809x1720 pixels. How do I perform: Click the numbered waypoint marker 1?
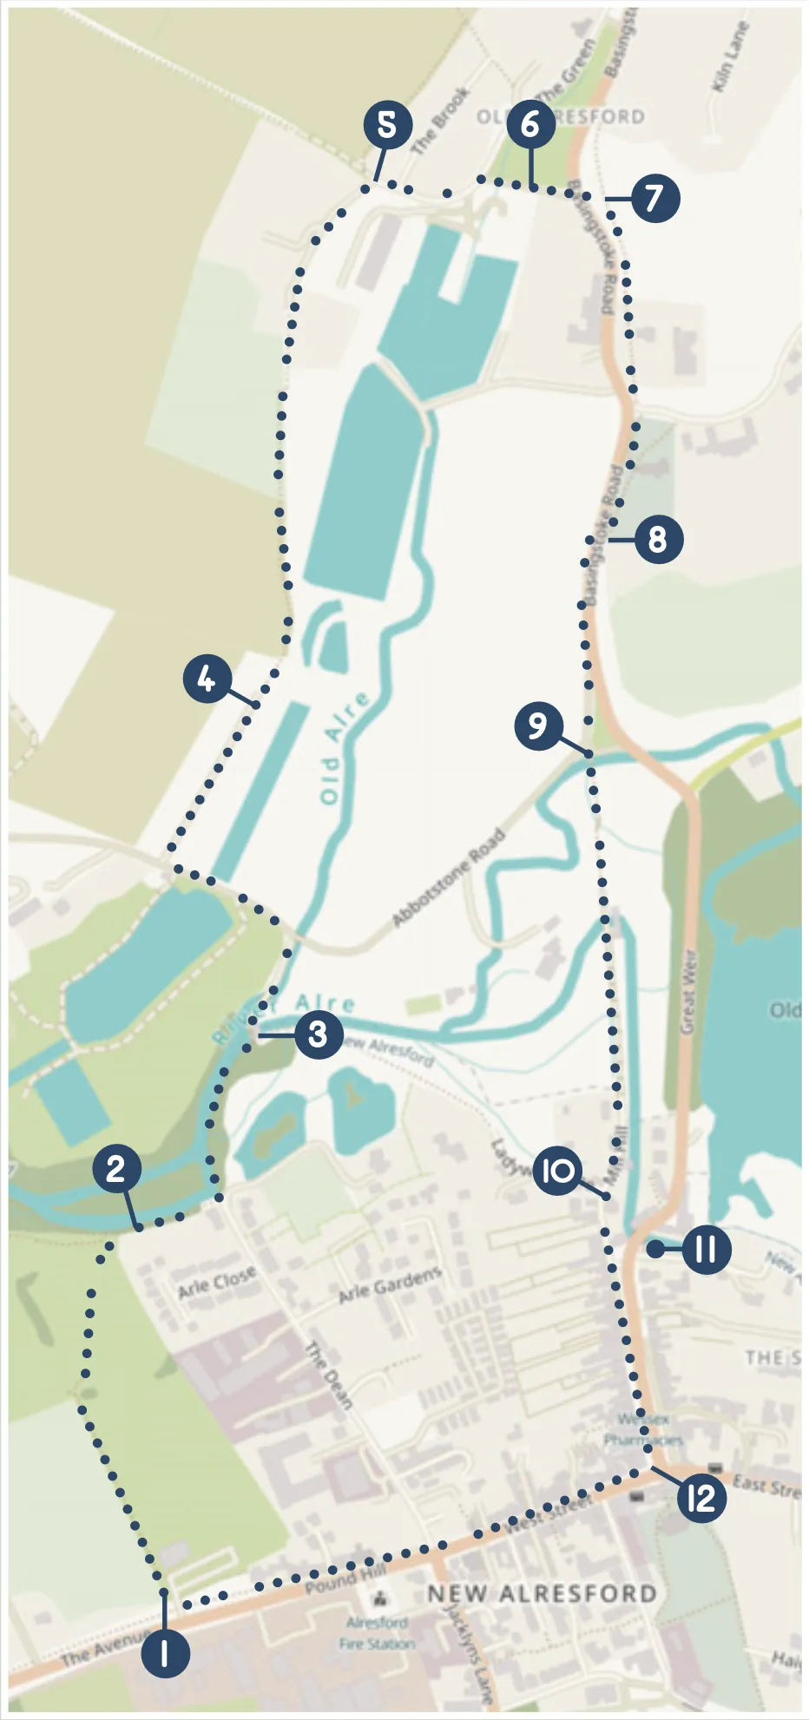(164, 1653)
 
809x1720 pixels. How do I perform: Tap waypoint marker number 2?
(117, 1168)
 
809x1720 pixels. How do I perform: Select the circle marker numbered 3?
(318, 1034)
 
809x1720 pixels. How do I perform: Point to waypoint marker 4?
(207, 679)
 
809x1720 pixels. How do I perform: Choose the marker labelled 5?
(387, 125)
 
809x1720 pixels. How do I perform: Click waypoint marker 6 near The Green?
(530, 125)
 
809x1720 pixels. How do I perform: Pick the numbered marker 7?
(655, 198)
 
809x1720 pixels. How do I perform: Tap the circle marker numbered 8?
(659, 540)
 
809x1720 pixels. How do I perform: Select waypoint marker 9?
(538, 725)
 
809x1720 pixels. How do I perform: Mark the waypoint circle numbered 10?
(557, 1171)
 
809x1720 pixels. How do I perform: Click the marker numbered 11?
(706, 1250)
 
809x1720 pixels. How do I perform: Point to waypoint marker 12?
(701, 1497)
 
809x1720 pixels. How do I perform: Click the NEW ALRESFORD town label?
(542, 1593)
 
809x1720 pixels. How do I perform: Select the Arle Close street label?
(217, 1282)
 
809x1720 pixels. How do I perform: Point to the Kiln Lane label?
(728, 56)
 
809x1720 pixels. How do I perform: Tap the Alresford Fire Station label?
(378, 1632)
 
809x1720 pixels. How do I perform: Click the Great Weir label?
(688, 993)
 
